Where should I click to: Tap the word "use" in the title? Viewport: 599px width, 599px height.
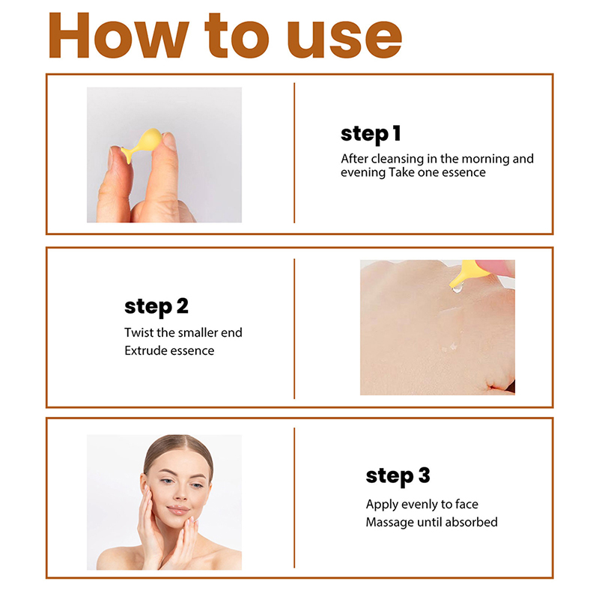(x=344, y=39)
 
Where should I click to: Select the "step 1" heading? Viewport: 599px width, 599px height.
(x=371, y=134)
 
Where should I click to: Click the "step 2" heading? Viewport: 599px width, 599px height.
(x=156, y=306)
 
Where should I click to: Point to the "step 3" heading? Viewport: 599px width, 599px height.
(x=398, y=476)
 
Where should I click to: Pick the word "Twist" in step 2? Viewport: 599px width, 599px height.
(x=139, y=332)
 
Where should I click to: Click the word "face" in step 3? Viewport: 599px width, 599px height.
(x=466, y=504)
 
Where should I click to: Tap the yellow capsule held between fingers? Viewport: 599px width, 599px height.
(x=142, y=144)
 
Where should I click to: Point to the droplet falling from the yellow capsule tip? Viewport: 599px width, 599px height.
(x=457, y=288)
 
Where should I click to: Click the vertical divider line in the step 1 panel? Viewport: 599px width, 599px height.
(x=294, y=153)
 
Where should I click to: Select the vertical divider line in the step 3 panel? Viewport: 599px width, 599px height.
(x=294, y=498)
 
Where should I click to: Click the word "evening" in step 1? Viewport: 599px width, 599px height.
(x=363, y=173)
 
